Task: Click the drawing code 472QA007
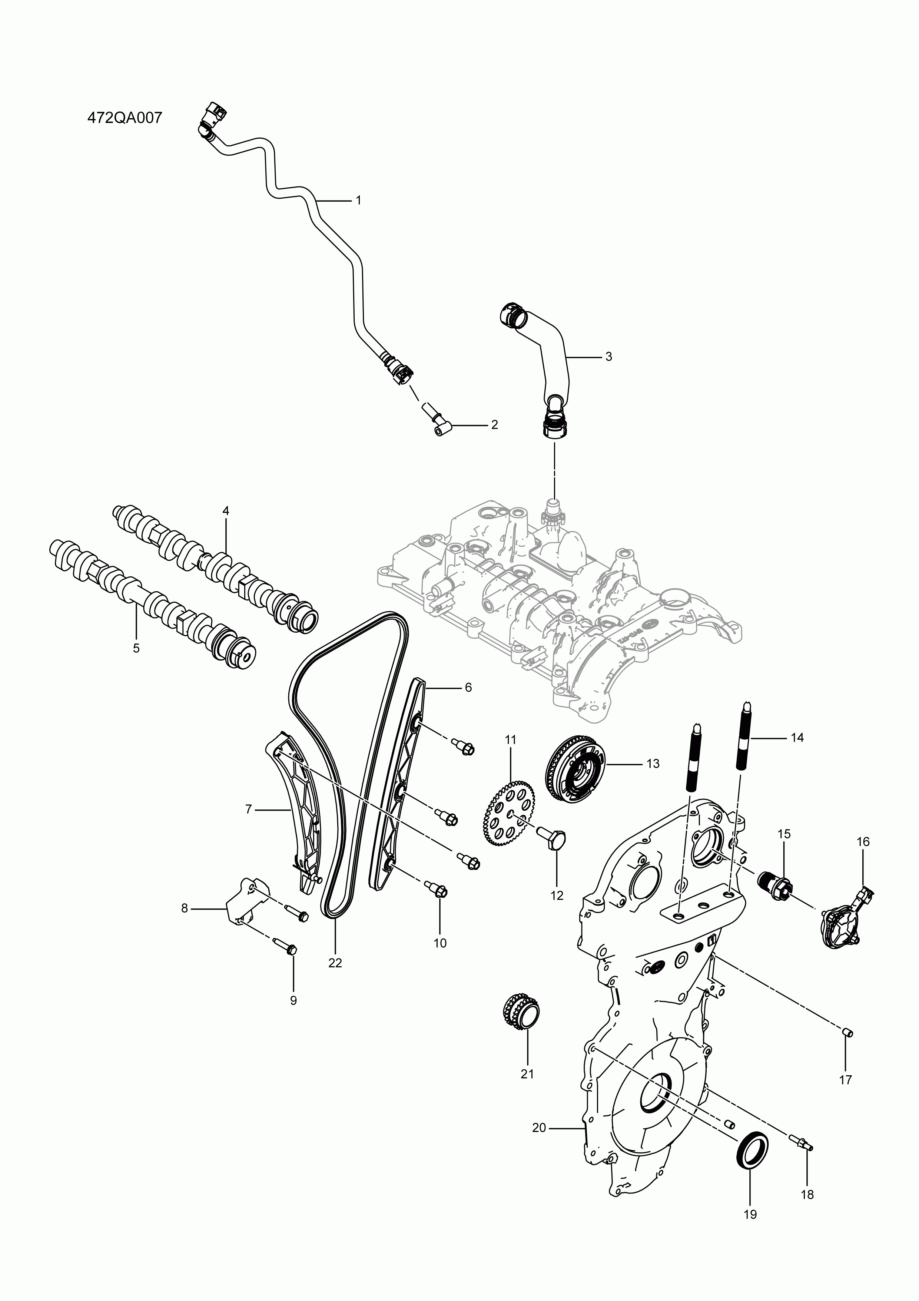coord(125,118)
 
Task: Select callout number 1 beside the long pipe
coord(358,200)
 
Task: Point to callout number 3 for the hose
coord(608,357)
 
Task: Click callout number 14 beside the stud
coord(797,738)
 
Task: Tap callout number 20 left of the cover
coord(539,1128)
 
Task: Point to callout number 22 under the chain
coord(335,963)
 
